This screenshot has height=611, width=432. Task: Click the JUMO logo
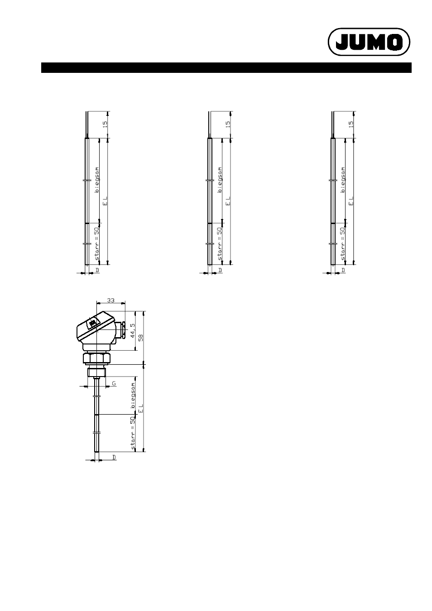[x=369, y=42]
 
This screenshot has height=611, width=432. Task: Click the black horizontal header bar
[x=226, y=67]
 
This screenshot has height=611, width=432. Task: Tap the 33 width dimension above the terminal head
[x=110, y=301]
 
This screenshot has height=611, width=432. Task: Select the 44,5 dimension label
[x=133, y=331]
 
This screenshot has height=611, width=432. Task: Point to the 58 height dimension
[x=141, y=338]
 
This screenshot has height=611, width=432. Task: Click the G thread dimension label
[x=114, y=383]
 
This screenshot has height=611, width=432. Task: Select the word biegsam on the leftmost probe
[x=97, y=180]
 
